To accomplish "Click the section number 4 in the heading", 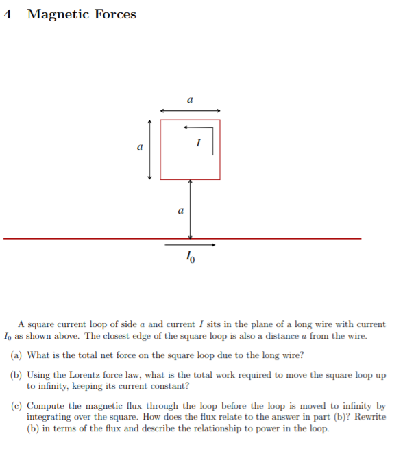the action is tap(8, 14).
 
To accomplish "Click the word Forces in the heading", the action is tap(115, 14).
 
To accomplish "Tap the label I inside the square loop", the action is tap(197, 143).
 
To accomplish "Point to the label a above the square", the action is tap(190, 100).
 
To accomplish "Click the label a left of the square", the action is tap(140, 146).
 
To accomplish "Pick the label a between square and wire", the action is tap(180, 211).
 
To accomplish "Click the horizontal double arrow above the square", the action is tap(190, 110).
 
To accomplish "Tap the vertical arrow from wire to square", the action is tap(190, 209).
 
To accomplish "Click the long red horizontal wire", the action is tap(103, 238).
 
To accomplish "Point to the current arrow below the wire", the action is tap(190, 244).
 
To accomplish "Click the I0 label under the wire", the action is tap(191, 257).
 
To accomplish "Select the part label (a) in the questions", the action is tap(17, 355).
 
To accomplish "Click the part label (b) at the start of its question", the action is tap(17, 375).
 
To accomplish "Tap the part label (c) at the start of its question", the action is tap(17, 406).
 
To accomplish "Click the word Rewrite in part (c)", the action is tap(368, 416).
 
